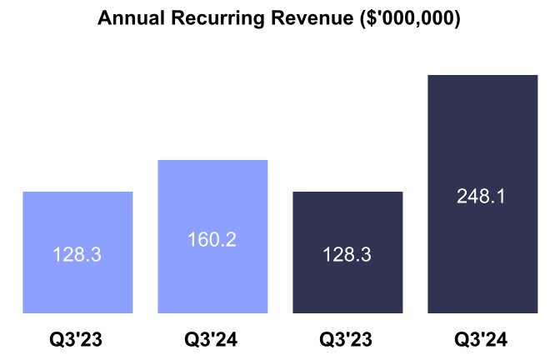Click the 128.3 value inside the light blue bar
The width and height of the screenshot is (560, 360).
77,255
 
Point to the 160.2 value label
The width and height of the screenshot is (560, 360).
212,240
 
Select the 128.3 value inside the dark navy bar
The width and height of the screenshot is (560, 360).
347,255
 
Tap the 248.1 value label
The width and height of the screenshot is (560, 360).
482,197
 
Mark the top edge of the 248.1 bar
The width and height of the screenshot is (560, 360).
482,76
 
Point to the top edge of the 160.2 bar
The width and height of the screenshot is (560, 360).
212,160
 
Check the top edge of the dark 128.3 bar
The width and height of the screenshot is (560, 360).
347,192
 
